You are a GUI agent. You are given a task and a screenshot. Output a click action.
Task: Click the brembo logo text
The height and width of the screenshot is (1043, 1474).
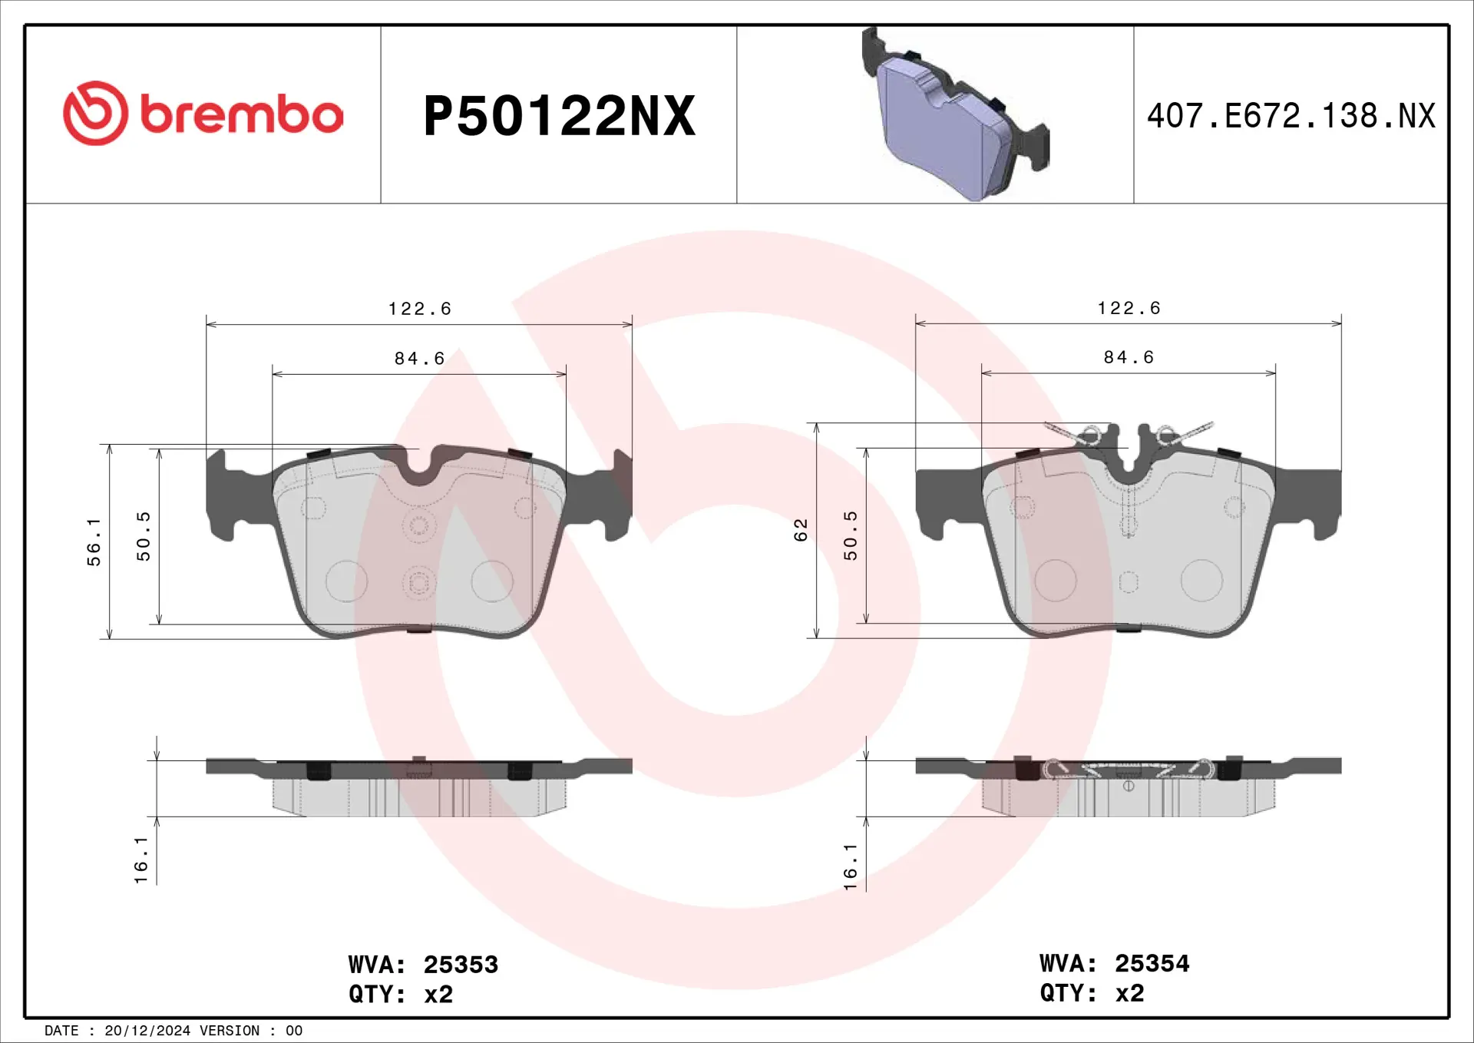(x=241, y=114)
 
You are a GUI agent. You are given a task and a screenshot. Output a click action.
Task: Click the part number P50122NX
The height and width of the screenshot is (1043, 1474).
(x=559, y=116)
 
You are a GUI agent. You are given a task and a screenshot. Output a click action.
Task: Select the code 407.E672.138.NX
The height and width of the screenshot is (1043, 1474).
(x=1291, y=116)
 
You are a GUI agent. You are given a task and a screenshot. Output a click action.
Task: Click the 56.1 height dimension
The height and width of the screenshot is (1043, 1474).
(x=94, y=541)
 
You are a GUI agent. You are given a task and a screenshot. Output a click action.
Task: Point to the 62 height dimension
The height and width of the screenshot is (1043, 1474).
(x=801, y=530)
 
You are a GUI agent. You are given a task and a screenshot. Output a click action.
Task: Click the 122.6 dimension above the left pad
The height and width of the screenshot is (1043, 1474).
(x=419, y=309)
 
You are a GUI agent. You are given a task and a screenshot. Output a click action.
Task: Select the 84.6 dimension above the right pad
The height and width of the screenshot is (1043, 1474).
(x=1129, y=357)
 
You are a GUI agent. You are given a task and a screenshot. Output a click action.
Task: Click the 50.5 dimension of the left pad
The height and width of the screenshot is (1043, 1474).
(x=144, y=536)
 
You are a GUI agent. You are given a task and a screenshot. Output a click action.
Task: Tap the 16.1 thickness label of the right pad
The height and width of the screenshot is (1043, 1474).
(x=851, y=866)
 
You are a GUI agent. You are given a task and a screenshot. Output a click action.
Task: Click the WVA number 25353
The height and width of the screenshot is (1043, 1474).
(x=461, y=964)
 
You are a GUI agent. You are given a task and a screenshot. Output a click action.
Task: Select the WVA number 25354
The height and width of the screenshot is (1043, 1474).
(x=1152, y=963)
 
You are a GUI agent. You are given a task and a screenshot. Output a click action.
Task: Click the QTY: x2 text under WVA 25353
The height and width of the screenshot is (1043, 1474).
(x=401, y=994)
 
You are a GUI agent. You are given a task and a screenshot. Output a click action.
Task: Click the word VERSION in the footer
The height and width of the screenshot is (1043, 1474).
(x=229, y=1031)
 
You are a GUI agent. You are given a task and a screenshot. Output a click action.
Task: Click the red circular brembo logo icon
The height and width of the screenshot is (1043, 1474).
(x=95, y=114)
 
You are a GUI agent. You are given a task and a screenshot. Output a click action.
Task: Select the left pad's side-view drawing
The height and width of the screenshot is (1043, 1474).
(x=419, y=787)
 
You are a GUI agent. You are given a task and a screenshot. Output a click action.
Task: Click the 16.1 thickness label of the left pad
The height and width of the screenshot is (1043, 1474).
(x=141, y=860)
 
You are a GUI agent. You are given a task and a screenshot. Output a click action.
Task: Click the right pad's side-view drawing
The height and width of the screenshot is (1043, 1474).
(x=1129, y=787)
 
